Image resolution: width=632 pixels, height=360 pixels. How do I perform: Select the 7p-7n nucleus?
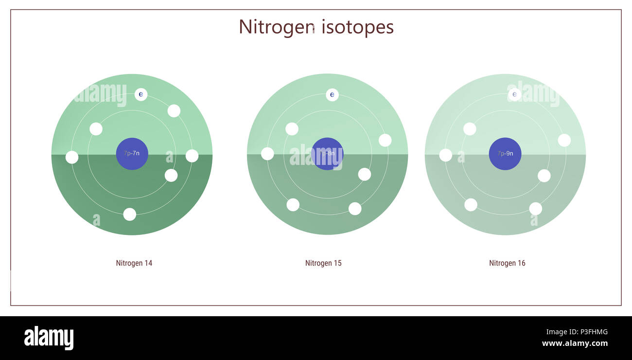[x=132, y=154]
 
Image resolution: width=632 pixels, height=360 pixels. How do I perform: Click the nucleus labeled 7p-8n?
[x=327, y=154]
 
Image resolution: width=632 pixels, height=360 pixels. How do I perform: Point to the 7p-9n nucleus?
[x=505, y=154]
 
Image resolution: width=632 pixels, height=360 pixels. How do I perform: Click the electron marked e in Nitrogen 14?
[x=141, y=94]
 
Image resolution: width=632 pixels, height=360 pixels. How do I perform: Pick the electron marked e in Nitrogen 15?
[x=332, y=95]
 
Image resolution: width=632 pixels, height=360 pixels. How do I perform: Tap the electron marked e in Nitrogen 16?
[x=514, y=94]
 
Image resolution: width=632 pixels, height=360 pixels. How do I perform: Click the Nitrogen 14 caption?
[x=134, y=263]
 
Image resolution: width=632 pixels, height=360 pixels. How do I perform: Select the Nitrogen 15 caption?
[x=323, y=263]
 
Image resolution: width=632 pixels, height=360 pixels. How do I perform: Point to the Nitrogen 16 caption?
[x=507, y=263]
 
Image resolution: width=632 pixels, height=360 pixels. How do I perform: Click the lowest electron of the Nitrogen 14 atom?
[x=130, y=214]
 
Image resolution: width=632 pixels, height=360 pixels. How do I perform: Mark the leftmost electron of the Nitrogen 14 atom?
[x=72, y=157]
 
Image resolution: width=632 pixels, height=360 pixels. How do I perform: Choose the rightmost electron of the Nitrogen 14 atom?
[x=192, y=156]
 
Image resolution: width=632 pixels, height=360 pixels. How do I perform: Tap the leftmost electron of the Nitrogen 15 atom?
[x=267, y=154]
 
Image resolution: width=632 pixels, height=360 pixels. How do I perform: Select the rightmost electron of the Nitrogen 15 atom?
[x=385, y=140]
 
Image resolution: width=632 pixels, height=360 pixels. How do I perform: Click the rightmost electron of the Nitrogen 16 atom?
[x=564, y=140]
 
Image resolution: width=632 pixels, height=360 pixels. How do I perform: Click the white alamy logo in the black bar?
[x=49, y=338]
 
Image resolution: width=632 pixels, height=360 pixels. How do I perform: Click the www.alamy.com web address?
[x=575, y=343]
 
